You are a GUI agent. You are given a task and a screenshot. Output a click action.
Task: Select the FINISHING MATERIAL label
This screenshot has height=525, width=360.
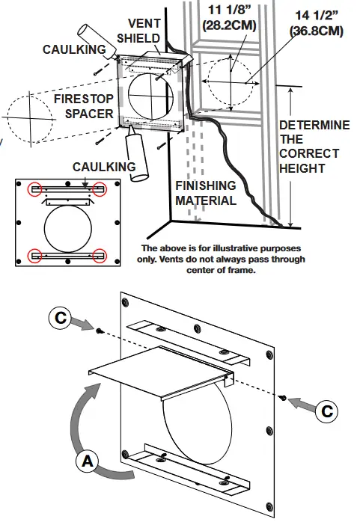206,193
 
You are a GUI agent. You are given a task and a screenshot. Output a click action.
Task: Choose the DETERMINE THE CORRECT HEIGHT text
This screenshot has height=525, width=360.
313,147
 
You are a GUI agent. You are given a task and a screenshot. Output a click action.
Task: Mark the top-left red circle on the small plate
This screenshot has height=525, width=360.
34,189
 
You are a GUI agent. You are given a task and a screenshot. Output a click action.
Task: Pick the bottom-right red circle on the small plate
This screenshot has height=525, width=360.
100,257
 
